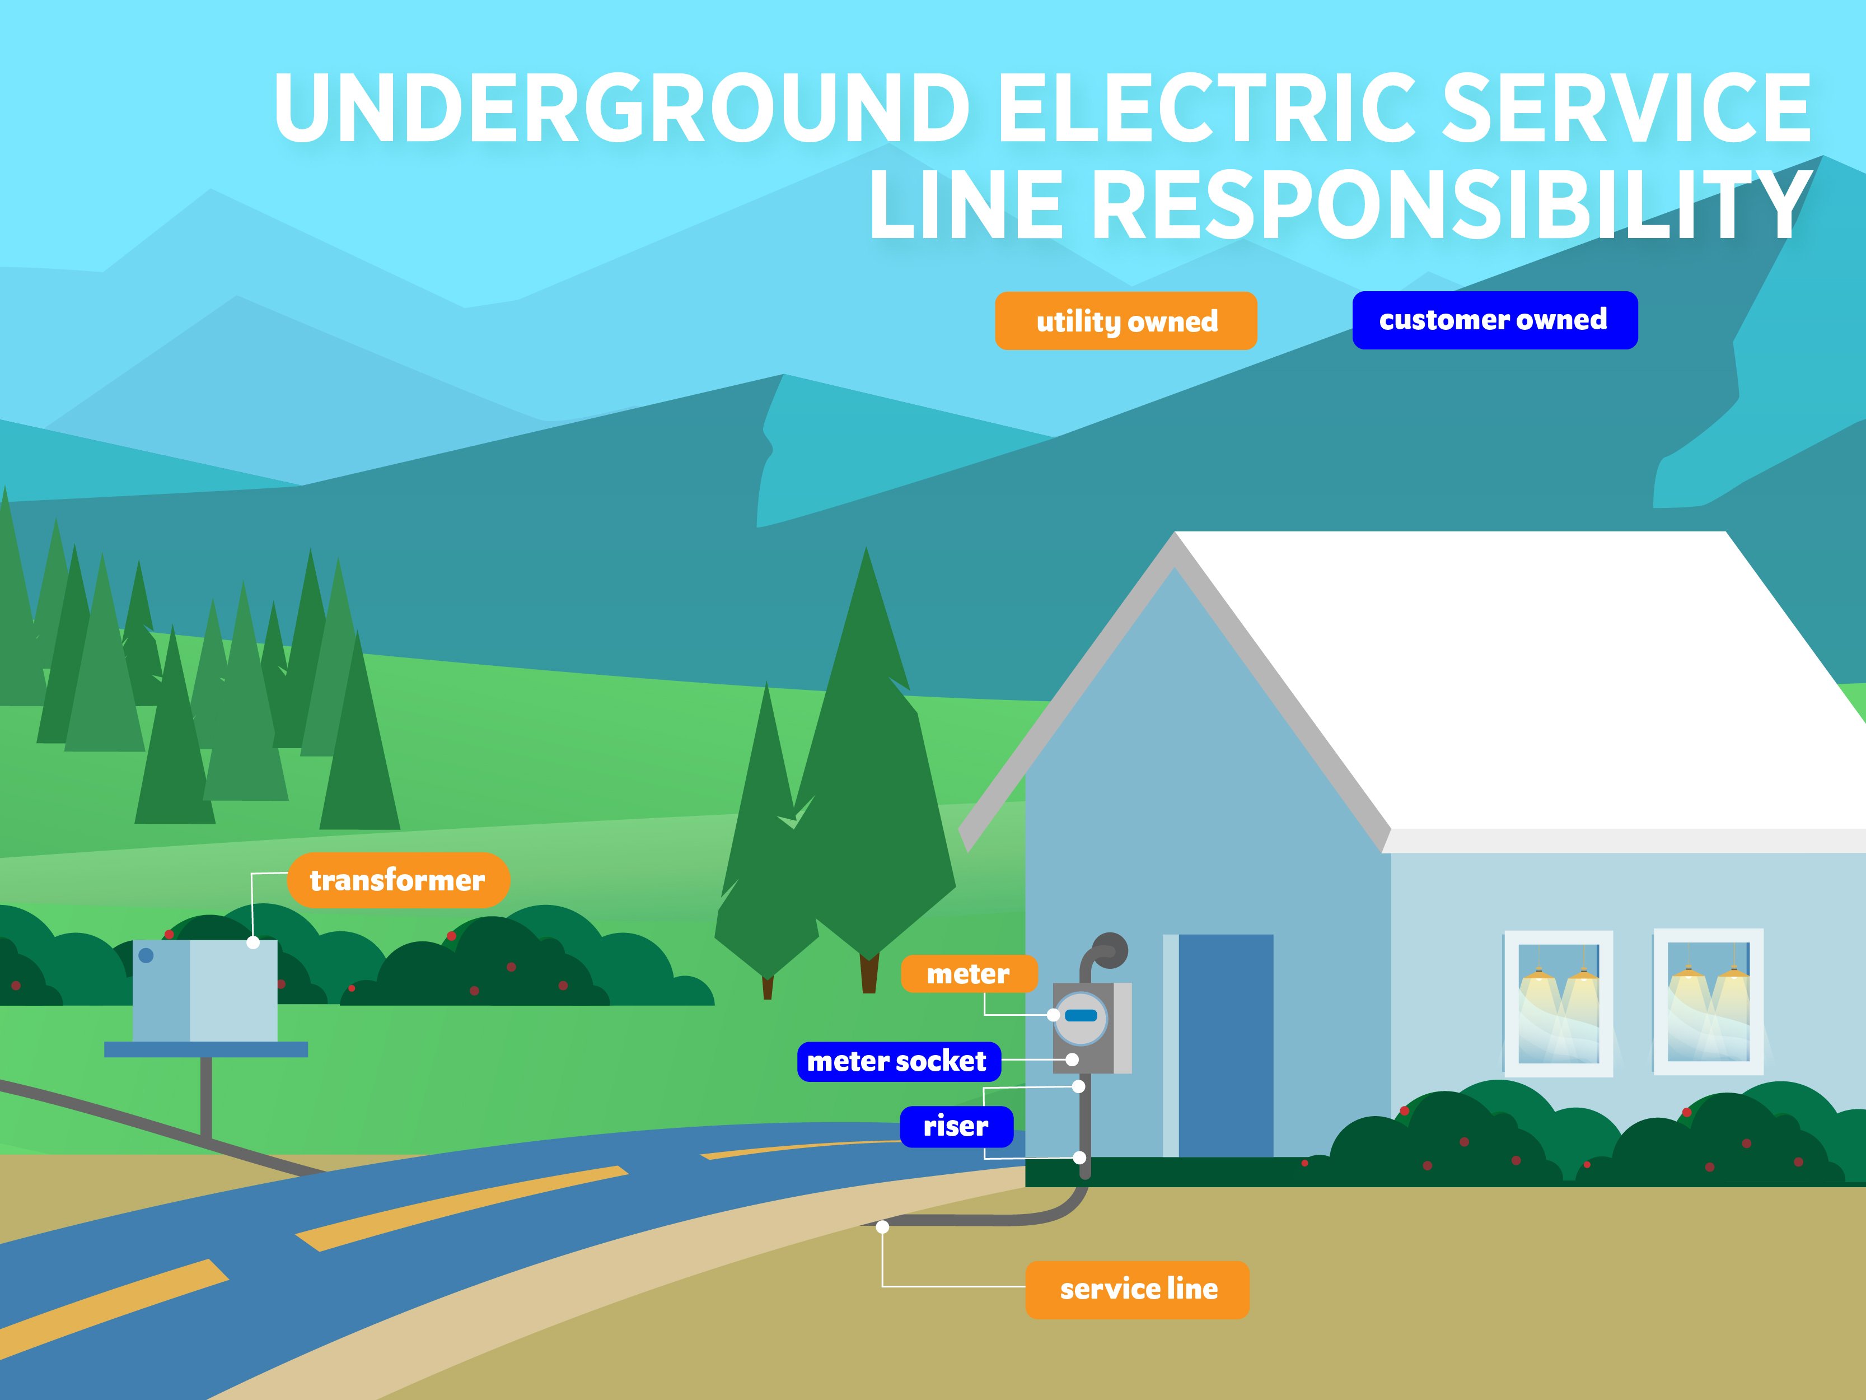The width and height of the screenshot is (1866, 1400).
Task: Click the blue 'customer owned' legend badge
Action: point(1494,320)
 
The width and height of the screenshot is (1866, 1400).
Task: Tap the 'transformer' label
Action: point(397,880)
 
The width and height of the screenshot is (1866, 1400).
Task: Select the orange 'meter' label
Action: point(969,974)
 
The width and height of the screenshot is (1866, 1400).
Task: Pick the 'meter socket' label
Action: point(897,1061)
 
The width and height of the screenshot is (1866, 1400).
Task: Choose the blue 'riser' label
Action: point(956,1126)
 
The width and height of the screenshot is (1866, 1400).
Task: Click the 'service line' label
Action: point(1137,1289)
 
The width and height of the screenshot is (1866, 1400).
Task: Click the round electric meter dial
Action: point(1081,1018)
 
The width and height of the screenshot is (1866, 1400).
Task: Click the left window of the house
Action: point(1558,1002)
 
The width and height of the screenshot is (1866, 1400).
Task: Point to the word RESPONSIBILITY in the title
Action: point(1451,205)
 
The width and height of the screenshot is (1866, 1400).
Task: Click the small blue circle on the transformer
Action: point(146,955)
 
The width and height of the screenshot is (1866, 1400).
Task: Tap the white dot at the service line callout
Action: point(882,1227)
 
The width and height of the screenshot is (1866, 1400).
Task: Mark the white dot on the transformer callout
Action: point(253,942)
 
